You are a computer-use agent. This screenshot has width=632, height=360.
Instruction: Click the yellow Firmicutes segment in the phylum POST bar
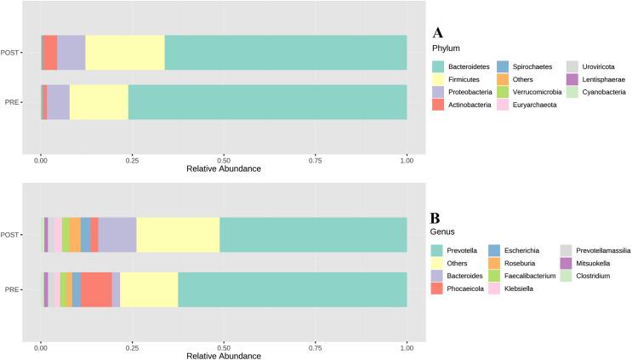pyautogui.click(x=124, y=53)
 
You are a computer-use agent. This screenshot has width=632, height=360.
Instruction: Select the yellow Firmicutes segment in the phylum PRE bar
pyautogui.click(x=99, y=102)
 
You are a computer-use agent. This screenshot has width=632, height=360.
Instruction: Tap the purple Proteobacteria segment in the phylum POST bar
pyautogui.click(x=71, y=53)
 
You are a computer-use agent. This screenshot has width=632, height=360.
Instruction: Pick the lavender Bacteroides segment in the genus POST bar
pyautogui.click(x=117, y=235)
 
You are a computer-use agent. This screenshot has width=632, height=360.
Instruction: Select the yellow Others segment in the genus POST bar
pyautogui.click(x=178, y=235)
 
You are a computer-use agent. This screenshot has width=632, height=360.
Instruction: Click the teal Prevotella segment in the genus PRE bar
pyautogui.click(x=292, y=289)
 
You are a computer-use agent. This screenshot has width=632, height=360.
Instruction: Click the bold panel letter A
pyautogui.click(x=437, y=33)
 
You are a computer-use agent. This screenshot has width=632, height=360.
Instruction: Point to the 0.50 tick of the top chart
pyautogui.click(x=224, y=158)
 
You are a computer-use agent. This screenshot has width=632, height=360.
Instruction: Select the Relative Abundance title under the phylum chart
pyautogui.click(x=223, y=169)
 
